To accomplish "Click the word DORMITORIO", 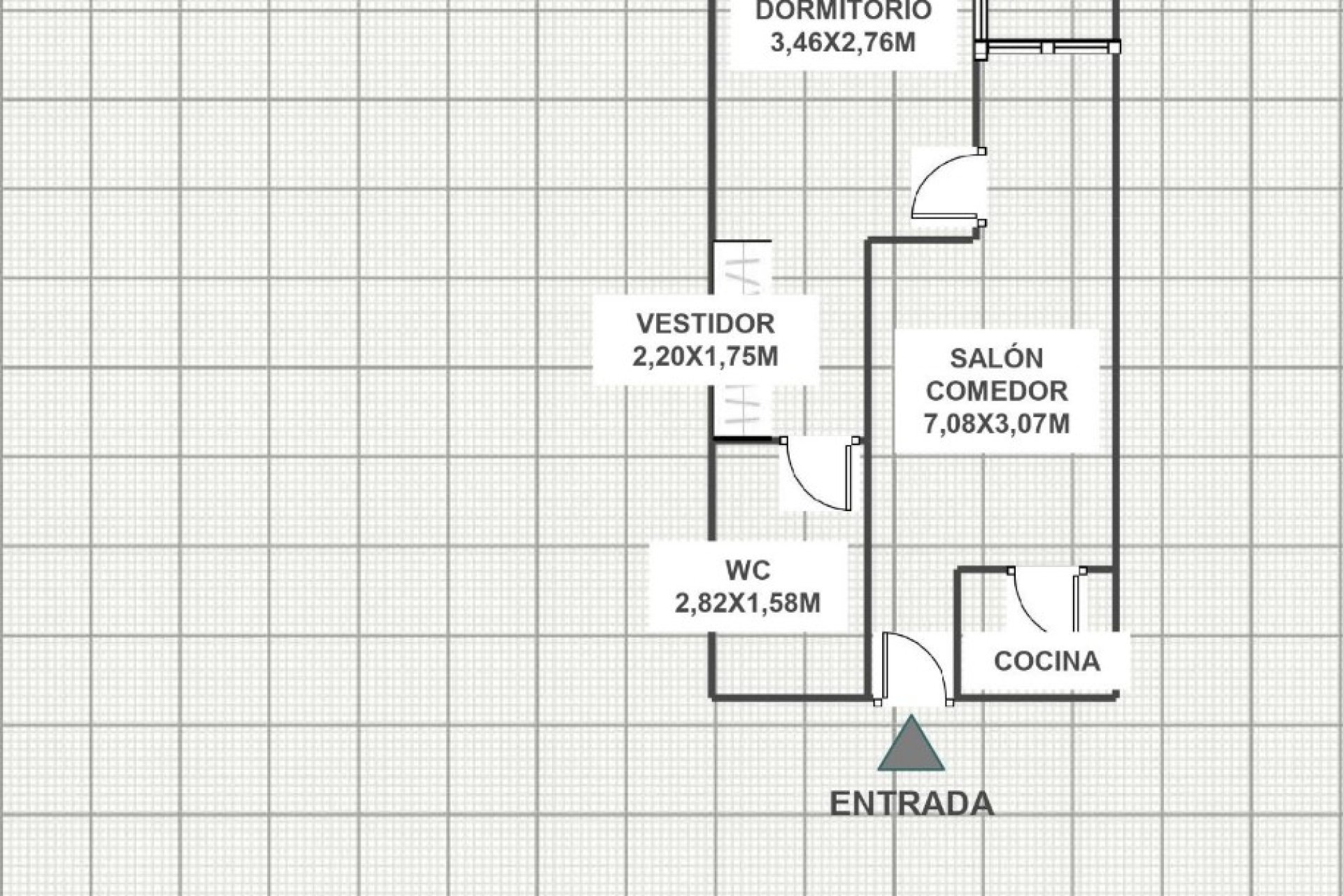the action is coord(844,10).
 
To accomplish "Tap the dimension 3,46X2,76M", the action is coord(843,43).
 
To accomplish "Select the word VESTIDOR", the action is coord(706,323).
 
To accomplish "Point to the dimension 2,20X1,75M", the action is coord(706,357).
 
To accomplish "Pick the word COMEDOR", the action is coord(997,391).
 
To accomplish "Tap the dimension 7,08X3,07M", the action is coord(997,423).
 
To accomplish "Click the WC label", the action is coord(748,570).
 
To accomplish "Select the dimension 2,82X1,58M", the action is coord(748,603).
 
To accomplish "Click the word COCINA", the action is coord(1047,661).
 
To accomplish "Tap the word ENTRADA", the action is coord(912,804).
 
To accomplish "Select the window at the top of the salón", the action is coord(1048,47).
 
